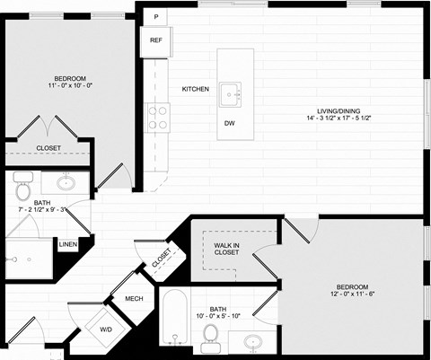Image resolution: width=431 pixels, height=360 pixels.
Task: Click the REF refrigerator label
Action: [x=155, y=40]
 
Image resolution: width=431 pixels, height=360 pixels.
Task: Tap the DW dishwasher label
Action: [x=230, y=123]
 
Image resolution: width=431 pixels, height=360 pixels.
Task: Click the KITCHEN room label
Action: [x=196, y=89]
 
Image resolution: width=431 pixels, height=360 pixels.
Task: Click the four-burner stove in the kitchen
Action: [x=158, y=117]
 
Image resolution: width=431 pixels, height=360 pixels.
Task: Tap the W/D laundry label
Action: [x=106, y=329]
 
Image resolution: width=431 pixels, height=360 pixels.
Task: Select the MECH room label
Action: [x=134, y=299]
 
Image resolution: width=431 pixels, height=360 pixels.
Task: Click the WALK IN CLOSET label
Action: [x=226, y=248]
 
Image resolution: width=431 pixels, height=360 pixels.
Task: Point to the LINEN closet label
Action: [x=67, y=244]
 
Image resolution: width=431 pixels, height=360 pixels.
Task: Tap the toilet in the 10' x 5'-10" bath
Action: [x=211, y=333]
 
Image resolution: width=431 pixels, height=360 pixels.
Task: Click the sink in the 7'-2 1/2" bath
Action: [x=66, y=183]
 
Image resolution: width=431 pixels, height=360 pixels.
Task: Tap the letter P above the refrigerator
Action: [x=155, y=17]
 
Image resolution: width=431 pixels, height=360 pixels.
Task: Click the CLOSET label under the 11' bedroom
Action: [x=49, y=148]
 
